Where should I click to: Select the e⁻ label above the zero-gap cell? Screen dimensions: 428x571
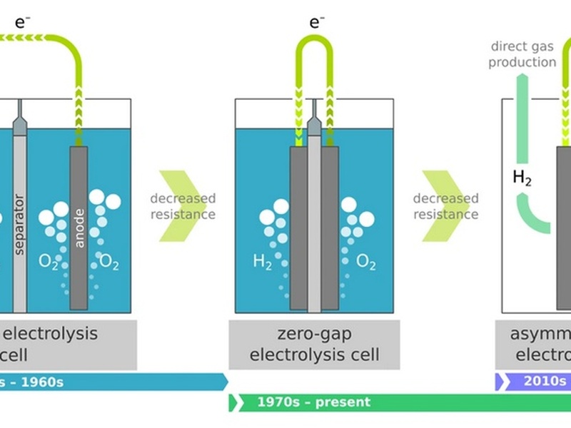316,22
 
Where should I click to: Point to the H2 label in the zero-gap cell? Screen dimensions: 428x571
263,262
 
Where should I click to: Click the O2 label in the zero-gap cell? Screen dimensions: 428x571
365,263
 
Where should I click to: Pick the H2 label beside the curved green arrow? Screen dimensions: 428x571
522,178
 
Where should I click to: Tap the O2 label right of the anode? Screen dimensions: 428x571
109,262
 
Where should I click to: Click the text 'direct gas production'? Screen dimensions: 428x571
523,54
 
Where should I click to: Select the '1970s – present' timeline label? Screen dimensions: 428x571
314,402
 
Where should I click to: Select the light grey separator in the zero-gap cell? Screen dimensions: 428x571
314,228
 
